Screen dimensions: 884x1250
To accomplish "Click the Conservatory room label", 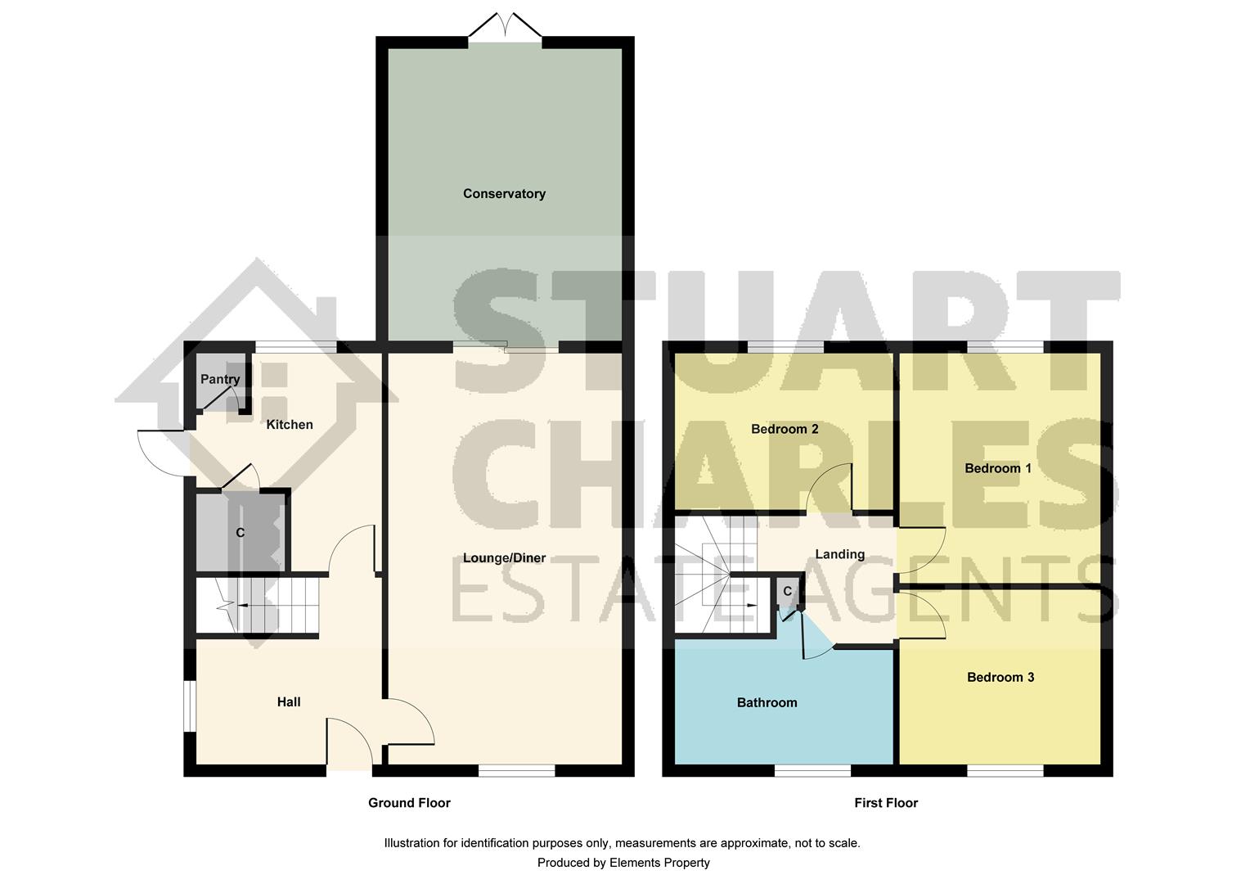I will click(504, 194).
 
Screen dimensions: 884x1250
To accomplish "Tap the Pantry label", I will click(220, 380).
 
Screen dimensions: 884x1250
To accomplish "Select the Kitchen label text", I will click(290, 425).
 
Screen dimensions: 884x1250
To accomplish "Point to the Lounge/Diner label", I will click(504, 558).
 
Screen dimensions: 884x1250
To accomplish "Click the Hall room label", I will click(289, 702).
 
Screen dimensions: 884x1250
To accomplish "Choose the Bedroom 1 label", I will click(998, 469).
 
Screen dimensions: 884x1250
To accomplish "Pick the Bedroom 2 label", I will click(785, 430).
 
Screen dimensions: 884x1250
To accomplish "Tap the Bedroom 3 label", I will click(1000, 678).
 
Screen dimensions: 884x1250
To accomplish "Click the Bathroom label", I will click(767, 703).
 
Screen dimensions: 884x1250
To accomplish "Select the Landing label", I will click(839, 555).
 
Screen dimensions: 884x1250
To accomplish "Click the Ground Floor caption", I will click(409, 803).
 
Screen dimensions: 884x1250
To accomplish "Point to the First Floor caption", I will click(886, 803).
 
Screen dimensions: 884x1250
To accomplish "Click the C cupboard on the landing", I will click(787, 592).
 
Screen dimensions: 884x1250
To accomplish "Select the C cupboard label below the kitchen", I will click(240, 533).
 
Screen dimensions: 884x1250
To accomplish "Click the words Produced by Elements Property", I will click(623, 863).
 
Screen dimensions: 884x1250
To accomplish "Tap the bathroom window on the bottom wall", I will click(812, 770).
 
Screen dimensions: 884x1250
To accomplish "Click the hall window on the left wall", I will click(189, 705).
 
